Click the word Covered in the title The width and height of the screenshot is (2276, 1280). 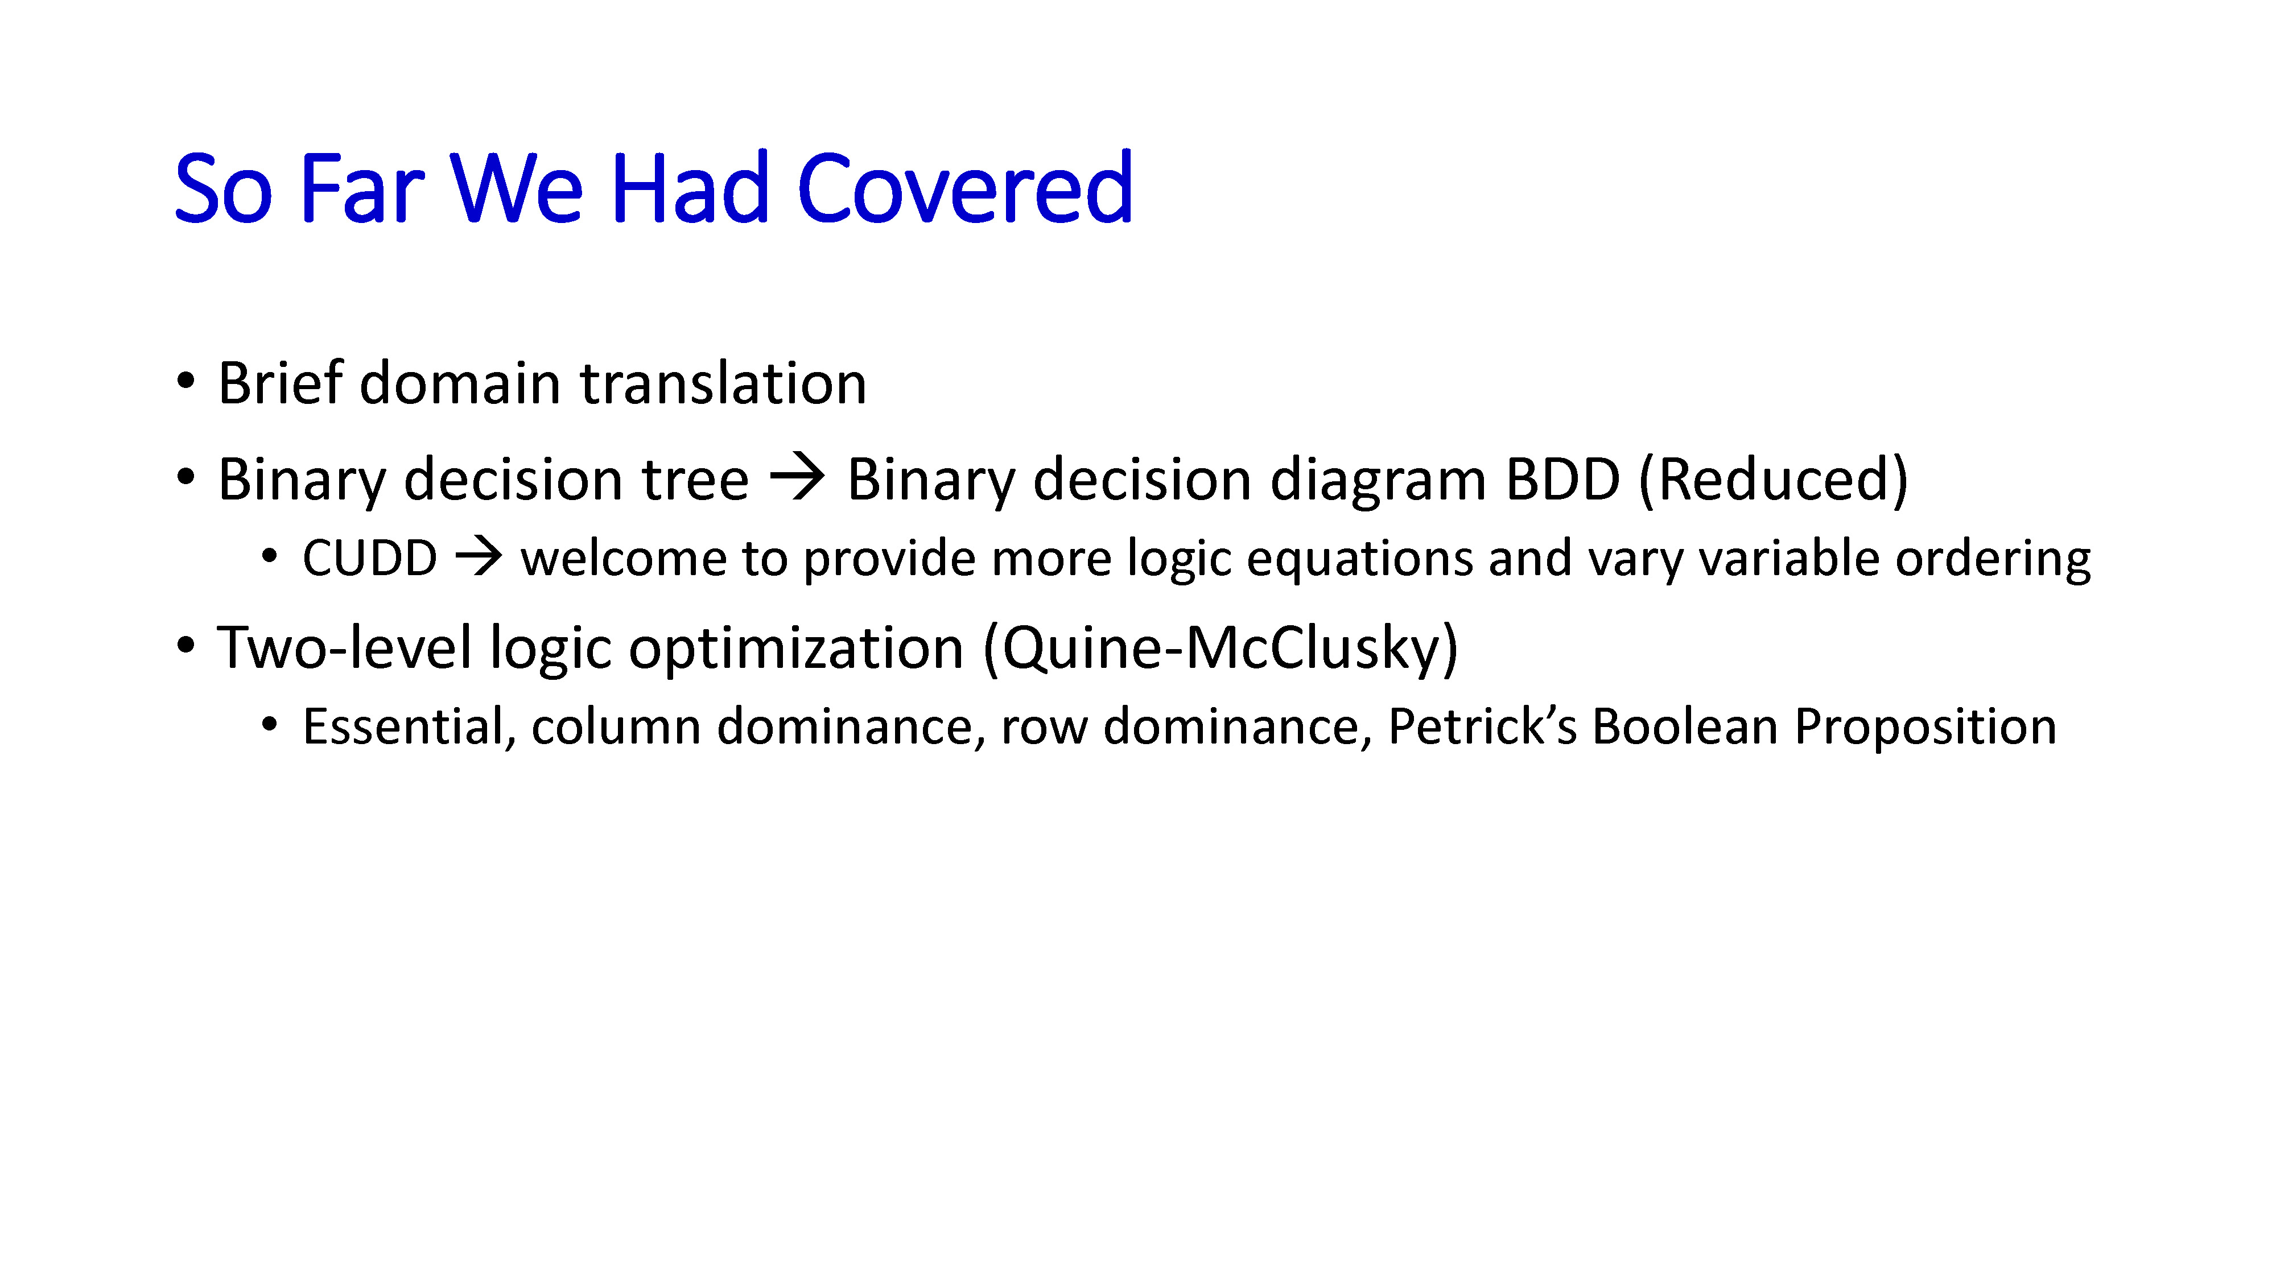click(x=965, y=188)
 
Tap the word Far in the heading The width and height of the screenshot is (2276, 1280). click(x=362, y=188)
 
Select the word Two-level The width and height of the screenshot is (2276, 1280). click(x=345, y=647)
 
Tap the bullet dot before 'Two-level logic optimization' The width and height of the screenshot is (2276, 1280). click(x=185, y=646)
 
